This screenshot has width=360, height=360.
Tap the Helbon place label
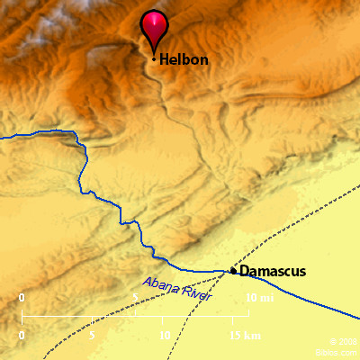pyautogui.click(x=184, y=59)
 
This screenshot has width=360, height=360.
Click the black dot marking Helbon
pyautogui.click(x=155, y=59)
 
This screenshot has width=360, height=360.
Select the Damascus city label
pyautogui.click(x=273, y=271)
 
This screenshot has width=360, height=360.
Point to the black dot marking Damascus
pyautogui.click(x=233, y=270)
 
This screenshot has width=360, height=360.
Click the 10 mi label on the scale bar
pyautogui.click(x=259, y=298)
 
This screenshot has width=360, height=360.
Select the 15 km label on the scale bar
pyautogui.click(x=245, y=336)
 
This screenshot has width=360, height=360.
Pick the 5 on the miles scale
pyautogui.click(x=136, y=298)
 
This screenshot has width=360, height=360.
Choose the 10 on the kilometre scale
pyautogui.click(x=163, y=336)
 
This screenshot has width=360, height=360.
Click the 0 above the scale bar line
pyautogui.click(x=22, y=298)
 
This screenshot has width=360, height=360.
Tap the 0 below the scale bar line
pyautogui.click(x=22, y=336)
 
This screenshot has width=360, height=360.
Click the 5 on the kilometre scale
pyautogui.click(x=92, y=336)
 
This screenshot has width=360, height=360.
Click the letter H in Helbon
pyautogui.click(x=165, y=59)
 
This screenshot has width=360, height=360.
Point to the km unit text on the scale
pyautogui.click(x=254, y=336)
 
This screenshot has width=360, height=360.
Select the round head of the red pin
pyautogui.click(x=155, y=23)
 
